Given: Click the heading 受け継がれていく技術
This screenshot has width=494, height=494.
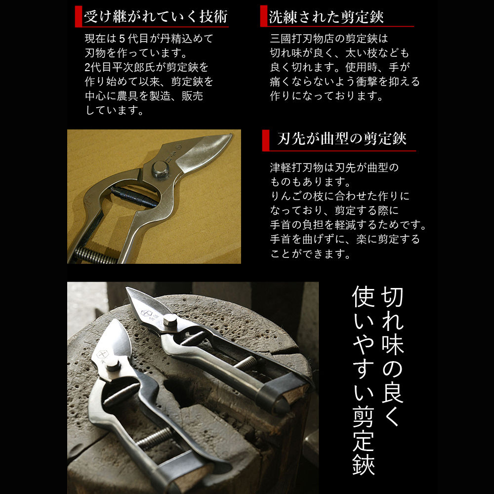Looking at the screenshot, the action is (x=156, y=16).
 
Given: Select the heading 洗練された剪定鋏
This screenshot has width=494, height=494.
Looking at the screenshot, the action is (x=326, y=16).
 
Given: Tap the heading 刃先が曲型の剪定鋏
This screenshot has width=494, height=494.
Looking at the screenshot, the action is (x=342, y=139).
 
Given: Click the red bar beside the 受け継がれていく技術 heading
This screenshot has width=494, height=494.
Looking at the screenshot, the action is (x=79, y=16).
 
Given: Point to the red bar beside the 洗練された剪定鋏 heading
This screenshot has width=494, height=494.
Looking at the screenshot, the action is (x=264, y=16).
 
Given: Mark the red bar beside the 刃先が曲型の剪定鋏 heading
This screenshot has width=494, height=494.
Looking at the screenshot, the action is (x=266, y=140).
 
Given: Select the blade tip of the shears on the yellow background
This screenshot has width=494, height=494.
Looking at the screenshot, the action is (x=231, y=135).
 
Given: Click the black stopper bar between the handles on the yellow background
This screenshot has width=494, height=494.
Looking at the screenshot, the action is (x=134, y=197).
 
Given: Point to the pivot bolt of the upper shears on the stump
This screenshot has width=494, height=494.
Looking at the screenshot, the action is (x=170, y=320).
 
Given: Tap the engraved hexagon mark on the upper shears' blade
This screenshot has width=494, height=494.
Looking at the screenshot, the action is (x=146, y=314).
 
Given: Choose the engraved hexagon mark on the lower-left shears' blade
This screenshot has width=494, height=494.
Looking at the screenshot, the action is (x=102, y=354).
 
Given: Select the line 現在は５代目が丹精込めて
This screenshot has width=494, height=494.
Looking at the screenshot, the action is (x=149, y=39).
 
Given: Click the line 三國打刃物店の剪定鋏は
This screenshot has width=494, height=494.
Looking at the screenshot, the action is (x=329, y=39).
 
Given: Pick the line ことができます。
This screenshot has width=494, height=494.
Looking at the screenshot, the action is (x=310, y=253).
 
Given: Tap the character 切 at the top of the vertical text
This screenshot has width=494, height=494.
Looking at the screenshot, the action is (x=392, y=297).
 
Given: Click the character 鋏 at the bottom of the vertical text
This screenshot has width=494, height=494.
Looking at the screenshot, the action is (x=363, y=464).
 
